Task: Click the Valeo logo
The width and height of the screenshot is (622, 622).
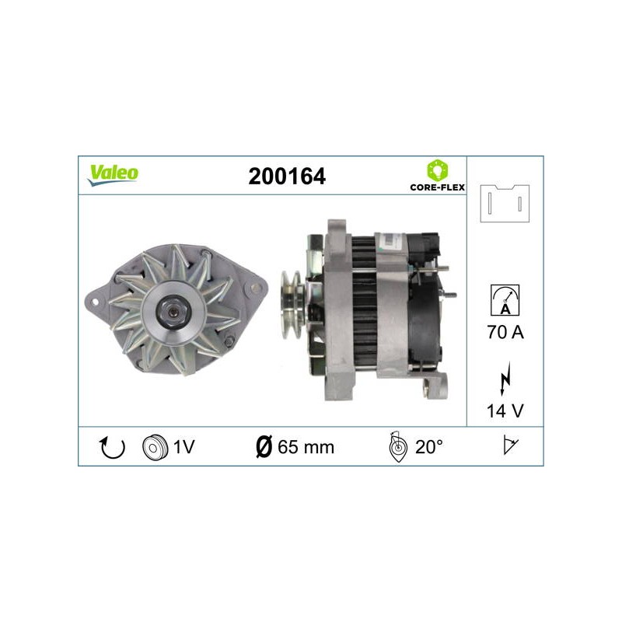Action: [113, 175]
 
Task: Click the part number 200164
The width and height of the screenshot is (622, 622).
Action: [287, 176]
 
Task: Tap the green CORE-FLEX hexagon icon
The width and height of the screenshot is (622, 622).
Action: [437, 170]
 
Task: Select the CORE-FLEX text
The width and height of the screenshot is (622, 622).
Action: [437, 187]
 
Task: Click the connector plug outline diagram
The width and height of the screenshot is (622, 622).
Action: [505, 203]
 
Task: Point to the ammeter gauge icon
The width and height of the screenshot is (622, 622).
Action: [505, 300]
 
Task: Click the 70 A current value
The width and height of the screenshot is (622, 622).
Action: [505, 332]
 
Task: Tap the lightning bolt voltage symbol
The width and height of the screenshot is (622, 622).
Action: [505, 378]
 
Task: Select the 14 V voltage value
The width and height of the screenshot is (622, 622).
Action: [505, 411]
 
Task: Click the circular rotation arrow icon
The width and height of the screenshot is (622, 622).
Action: [112, 447]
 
